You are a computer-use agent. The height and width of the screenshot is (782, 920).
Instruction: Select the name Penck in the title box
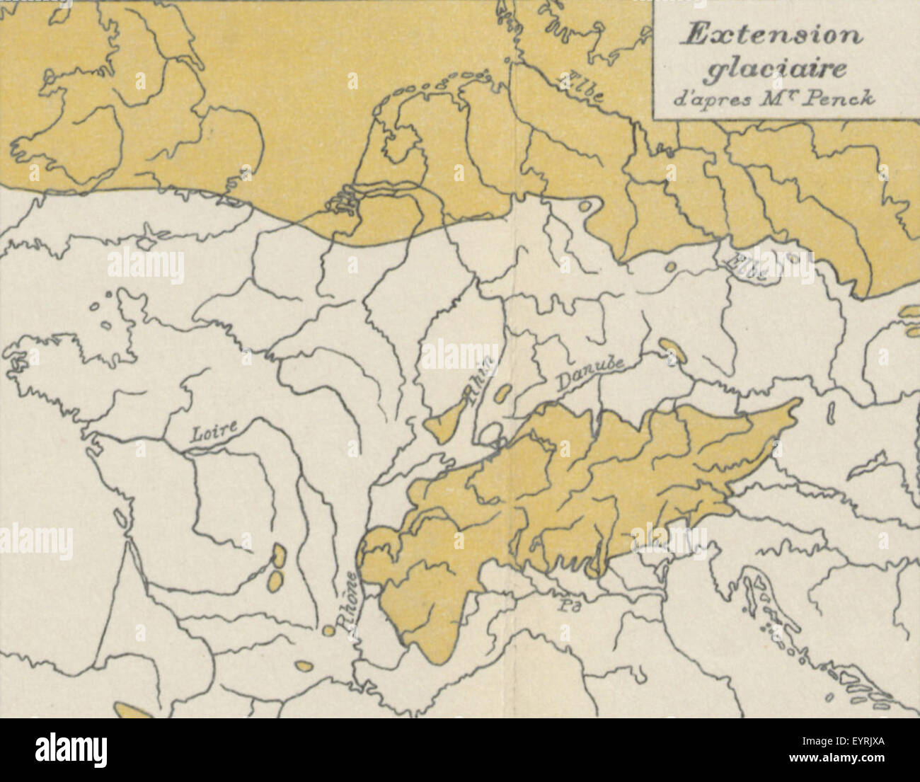(x=849, y=98)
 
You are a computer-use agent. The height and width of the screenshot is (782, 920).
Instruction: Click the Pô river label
(x=564, y=604)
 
